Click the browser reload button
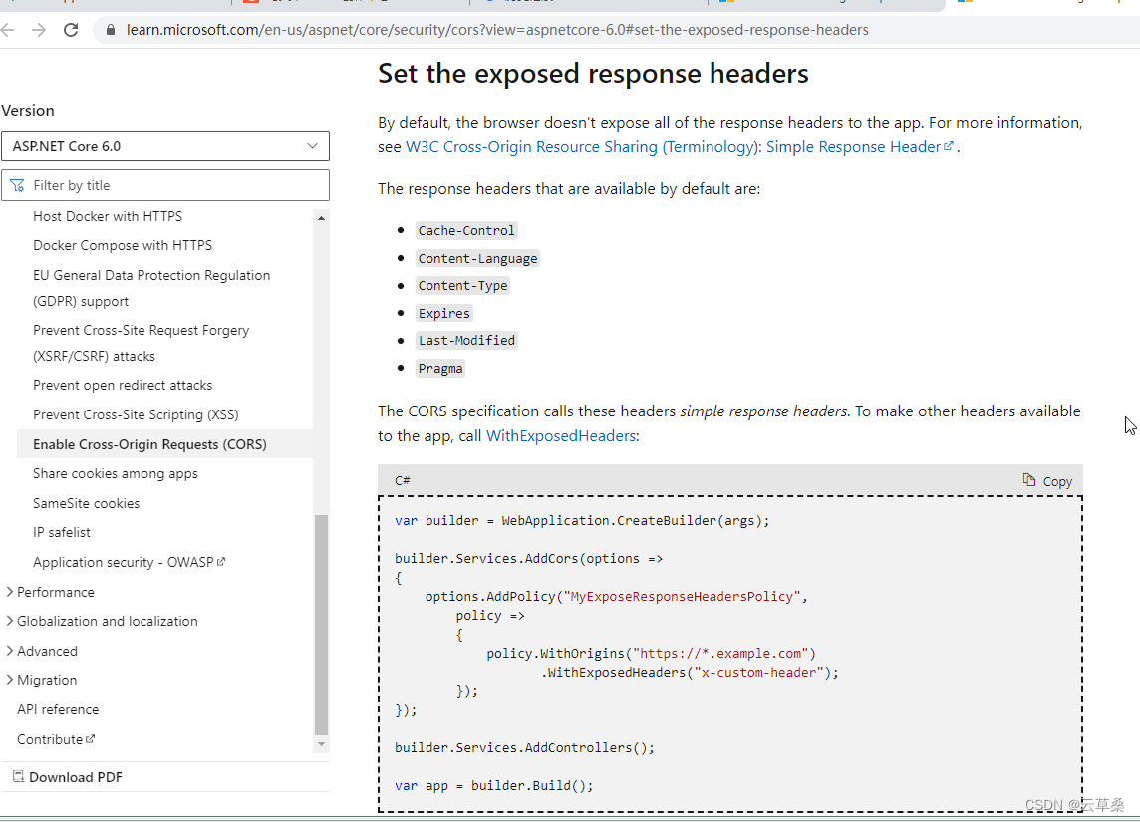[x=71, y=30]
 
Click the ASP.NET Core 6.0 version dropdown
[x=164, y=146]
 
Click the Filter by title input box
[x=174, y=185]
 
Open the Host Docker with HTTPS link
[x=108, y=216]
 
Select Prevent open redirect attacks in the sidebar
[x=123, y=385]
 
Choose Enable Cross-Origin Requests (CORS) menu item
[x=149, y=444]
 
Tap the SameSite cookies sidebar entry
[x=86, y=503]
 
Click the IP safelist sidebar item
[x=62, y=532]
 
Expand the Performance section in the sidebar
[x=55, y=592]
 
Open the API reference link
[x=58, y=709]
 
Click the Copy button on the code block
[x=1047, y=481]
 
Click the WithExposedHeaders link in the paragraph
[x=560, y=436]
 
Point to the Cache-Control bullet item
[x=466, y=230]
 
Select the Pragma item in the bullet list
[x=440, y=369]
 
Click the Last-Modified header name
[x=466, y=341]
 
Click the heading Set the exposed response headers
[x=593, y=74]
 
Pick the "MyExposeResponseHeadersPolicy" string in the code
[x=682, y=597]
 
